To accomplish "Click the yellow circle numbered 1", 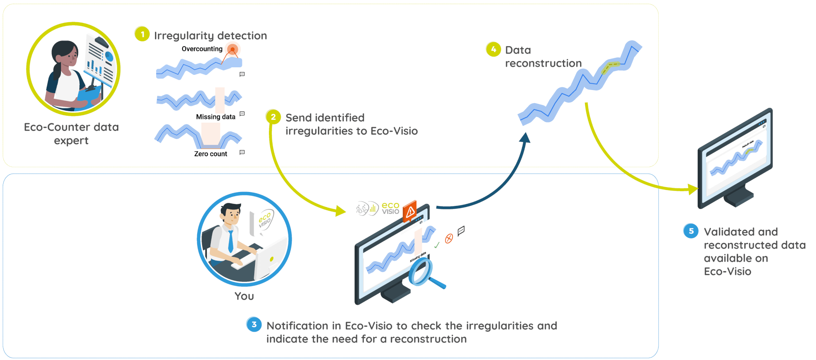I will click(142, 34).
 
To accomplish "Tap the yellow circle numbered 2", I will click(273, 117).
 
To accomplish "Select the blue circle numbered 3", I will click(254, 325).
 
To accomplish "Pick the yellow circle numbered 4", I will click(493, 49).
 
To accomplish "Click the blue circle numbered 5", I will click(691, 231).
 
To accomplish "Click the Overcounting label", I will click(202, 49).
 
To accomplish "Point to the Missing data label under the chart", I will click(216, 117).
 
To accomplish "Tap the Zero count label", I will click(210, 154).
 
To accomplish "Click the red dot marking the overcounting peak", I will click(233, 50).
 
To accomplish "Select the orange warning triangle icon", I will click(410, 211).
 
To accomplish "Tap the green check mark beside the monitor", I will click(437, 245).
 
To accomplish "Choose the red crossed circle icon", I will click(449, 239).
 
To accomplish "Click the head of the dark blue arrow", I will click(525, 137).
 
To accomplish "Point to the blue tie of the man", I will click(231, 241).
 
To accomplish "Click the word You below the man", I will click(244, 296).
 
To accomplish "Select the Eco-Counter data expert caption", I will click(71, 133).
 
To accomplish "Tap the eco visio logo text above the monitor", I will click(390, 208).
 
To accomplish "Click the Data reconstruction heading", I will click(543, 57).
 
